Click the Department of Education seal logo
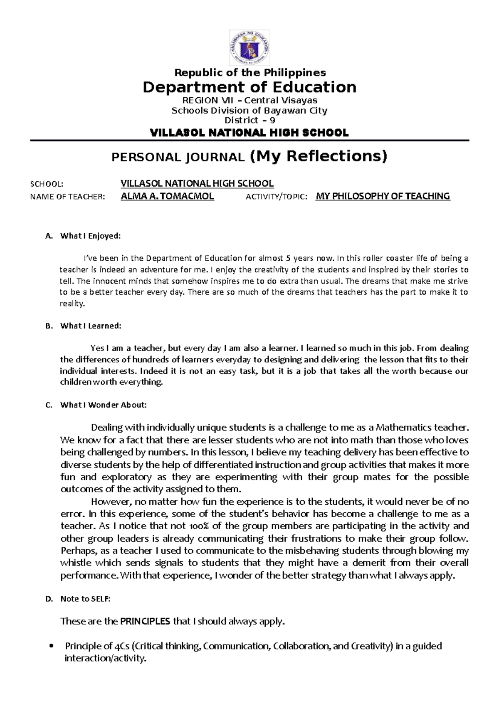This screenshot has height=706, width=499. [x=249, y=47]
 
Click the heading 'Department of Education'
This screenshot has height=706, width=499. [x=249, y=87]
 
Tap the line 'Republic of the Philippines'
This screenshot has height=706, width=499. [x=250, y=73]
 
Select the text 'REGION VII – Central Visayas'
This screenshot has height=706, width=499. [x=250, y=100]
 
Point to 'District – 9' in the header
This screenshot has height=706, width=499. [x=249, y=121]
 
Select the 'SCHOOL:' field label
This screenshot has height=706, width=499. [x=46, y=184]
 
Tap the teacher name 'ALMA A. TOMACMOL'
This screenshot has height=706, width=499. [x=167, y=197]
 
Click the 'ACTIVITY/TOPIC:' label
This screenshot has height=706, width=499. [x=277, y=197]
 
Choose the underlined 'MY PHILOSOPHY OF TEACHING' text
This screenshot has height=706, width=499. [x=383, y=197]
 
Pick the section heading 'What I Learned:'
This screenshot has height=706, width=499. [x=91, y=326]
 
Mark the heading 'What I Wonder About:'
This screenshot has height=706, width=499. [x=103, y=405]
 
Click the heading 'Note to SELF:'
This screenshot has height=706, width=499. [x=85, y=599]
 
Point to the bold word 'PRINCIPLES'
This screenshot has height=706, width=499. [x=145, y=622]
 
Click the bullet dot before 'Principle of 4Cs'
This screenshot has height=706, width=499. [x=52, y=647]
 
